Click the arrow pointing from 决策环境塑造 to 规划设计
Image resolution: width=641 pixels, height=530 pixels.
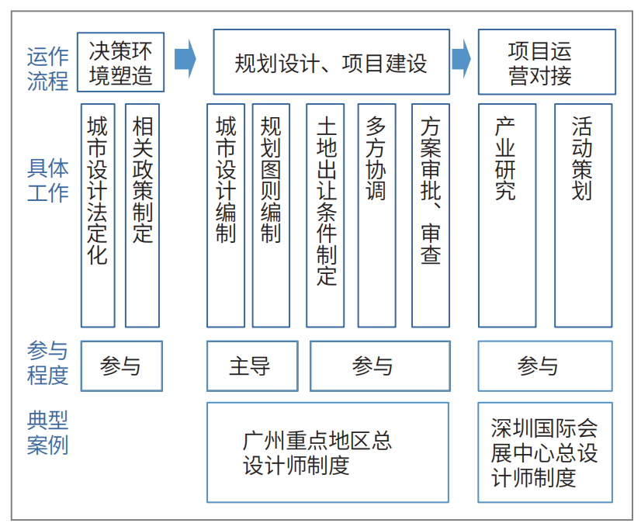(x=185, y=59)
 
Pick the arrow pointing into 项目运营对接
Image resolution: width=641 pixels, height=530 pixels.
(x=462, y=59)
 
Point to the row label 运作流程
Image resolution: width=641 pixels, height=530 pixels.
(x=47, y=68)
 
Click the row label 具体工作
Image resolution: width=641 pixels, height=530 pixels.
(x=47, y=180)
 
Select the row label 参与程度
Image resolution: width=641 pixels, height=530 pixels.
(x=47, y=363)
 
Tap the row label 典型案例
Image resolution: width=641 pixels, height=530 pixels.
(x=47, y=433)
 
